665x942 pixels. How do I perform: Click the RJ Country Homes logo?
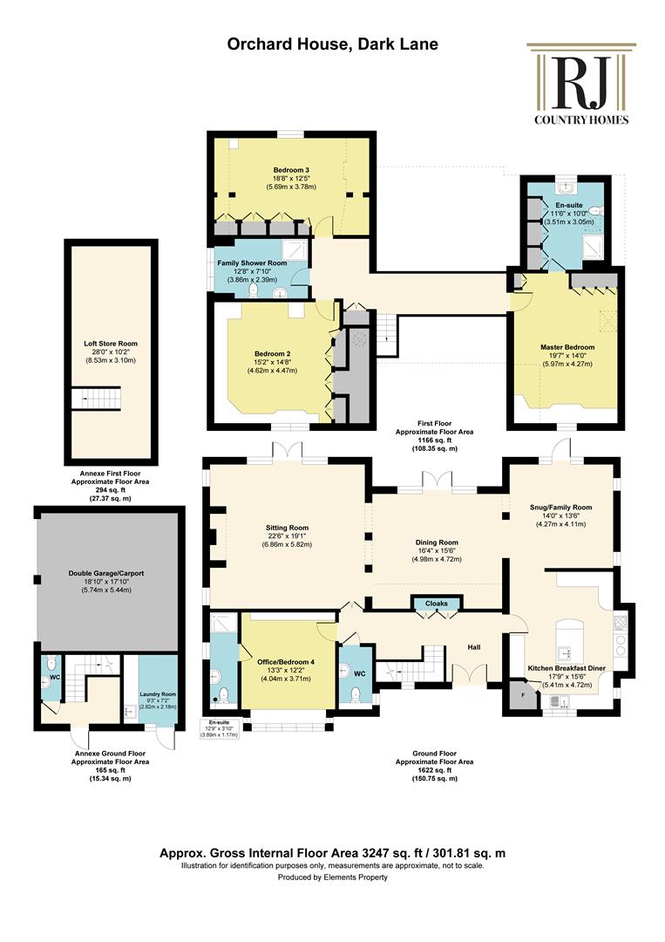coord(581,84)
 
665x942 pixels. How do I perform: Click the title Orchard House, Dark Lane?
coord(333,44)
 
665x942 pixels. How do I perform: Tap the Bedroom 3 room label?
coord(291,170)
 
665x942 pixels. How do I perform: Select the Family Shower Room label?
coord(252,263)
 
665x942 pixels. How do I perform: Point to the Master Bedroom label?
coord(567,347)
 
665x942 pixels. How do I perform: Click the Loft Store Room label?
coord(111,345)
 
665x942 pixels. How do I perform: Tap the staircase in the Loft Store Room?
coord(96,399)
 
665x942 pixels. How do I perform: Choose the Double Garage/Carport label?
coord(106,574)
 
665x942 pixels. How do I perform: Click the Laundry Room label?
coord(159,694)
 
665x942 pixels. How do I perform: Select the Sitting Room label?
coord(287,528)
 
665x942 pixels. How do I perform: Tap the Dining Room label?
coord(437,543)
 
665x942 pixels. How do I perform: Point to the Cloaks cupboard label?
coord(437,604)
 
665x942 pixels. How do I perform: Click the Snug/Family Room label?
coord(560,508)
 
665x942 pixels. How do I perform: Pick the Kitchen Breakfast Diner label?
coord(567,668)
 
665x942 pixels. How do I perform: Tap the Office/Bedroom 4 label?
coord(286,662)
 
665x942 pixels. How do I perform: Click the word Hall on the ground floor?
coord(474,647)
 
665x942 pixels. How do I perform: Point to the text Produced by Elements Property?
coord(333,877)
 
